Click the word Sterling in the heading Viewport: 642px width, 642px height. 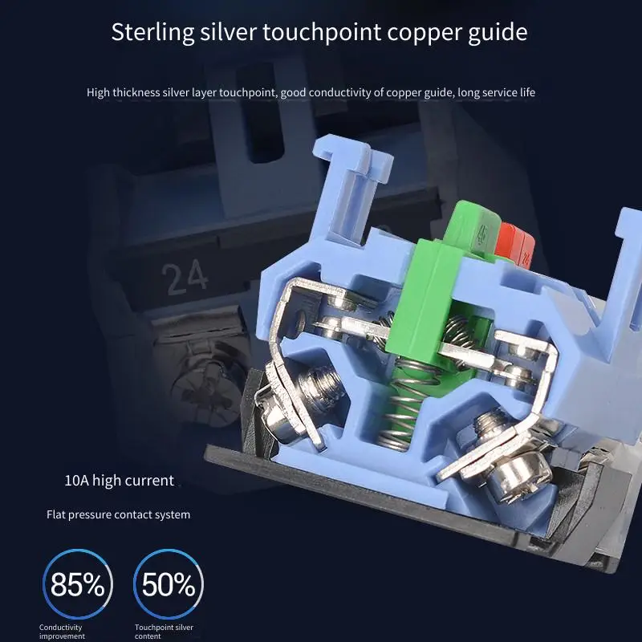(x=152, y=33)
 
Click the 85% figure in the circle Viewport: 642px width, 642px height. (x=77, y=584)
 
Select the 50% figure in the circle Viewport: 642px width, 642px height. (x=169, y=584)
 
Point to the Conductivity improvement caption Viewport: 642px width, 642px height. (x=62, y=632)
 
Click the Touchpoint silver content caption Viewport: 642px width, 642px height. (x=164, y=632)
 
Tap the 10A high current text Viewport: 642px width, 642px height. (x=119, y=480)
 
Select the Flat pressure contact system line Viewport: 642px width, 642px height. (x=118, y=514)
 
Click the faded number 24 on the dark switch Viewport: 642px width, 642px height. (x=185, y=278)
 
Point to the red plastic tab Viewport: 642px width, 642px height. (x=514, y=243)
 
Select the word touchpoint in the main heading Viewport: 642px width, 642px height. (x=322, y=33)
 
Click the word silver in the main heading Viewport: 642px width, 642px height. (x=228, y=32)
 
